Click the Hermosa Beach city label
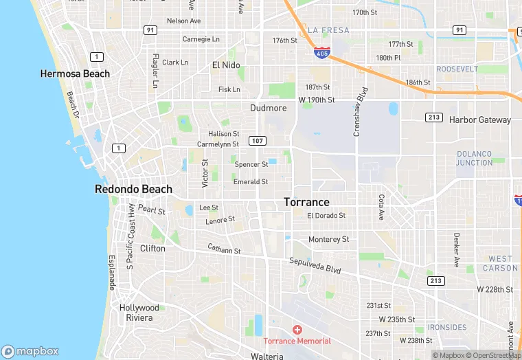pos(75,74)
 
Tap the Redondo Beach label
pos(133,189)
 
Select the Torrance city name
pos(306,202)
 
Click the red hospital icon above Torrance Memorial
pos(297,330)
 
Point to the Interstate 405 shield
pos(321,52)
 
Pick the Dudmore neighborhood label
pos(268,108)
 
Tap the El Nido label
pos(226,65)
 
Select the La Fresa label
pos(328,30)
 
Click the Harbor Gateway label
pos(480,120)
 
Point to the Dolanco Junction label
pos(475,158)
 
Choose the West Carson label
pos(500,263)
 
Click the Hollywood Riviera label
pos(139,313)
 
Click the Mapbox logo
pos(30,350)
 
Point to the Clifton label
pos(152,248)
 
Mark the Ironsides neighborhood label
pos(446,327)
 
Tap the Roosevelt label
pos(457,69)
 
